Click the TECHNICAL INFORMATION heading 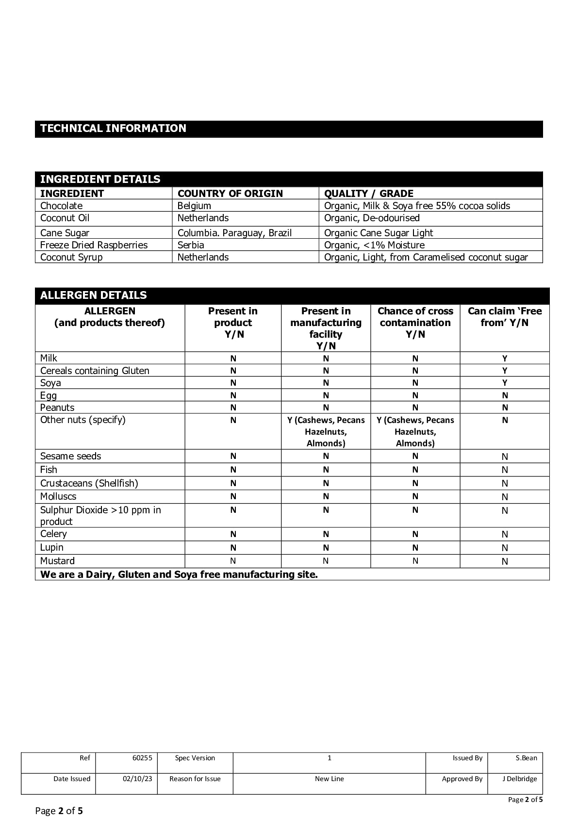coord(113,129)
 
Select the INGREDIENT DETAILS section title coord(100,179)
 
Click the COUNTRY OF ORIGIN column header coord(230,194)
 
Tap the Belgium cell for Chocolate coord(194,206)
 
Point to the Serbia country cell coord(191,245)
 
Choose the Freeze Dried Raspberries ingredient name coord(94,245)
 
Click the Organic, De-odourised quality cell coord(372,218)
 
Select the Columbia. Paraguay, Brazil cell coord(234,233)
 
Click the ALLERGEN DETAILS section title coord(93,295)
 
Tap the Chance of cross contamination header coord(415,323)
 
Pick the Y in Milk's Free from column coord(505,359)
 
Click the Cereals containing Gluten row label coord(95,371)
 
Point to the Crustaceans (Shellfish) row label coord(89,483)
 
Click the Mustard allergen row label coord(57,561)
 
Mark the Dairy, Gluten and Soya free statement coord(179,574)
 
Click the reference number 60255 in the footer coord(142,758)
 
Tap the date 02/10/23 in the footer coord(137,779)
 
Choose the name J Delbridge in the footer coord(519,779)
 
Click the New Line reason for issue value coord(329,779)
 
